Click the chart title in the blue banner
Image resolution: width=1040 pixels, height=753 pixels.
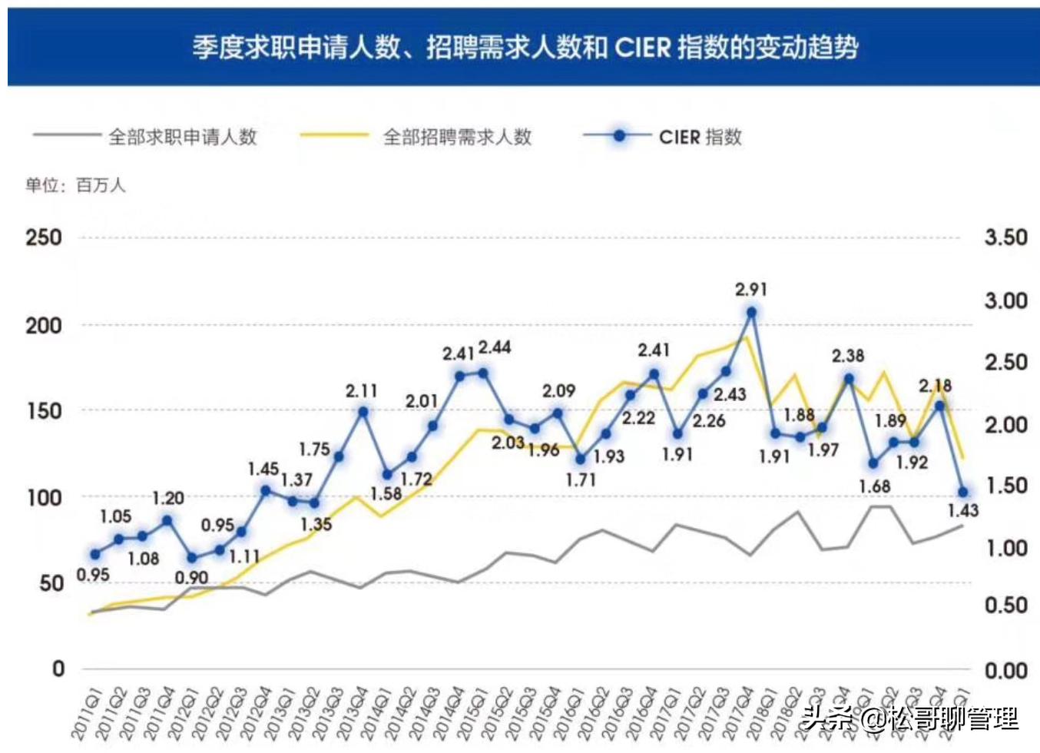pyautogui.click(x=525, y=48)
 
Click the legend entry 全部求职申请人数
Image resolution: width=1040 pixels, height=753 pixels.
pyautogui.click(x=182, y=137)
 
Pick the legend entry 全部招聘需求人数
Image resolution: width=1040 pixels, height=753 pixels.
pyautogui.click(x=457, y=137)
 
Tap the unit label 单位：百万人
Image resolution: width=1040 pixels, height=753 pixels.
pyautogui.click(x=75, y=185)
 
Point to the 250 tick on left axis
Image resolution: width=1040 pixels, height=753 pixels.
pyautogui.click(x=44, y=237)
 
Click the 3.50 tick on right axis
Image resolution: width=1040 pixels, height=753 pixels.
pyautogui.click(x=1005, y=237)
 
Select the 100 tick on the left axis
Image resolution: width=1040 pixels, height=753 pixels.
pyautogui.click(x=44, y=498)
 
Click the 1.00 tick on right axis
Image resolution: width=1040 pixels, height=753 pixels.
pyautogui.click(x=1005, y=548)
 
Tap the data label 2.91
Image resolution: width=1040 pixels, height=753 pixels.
pyautogui.click(x=750, y=290)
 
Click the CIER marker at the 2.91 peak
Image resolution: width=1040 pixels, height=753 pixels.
pyautogui.click(x=751, y=312)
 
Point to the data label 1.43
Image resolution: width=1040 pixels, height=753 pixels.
pyautogui.click(x=962, y=511)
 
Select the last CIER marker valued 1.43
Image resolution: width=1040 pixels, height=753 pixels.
pyautogui.click(x=963, y=492)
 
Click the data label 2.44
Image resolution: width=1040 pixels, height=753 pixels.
pyautogui.click(x=495, y=347)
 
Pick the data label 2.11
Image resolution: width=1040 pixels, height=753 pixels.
pyautogui.click(x=361, y=391)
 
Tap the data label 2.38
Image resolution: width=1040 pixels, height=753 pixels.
pyautogui.click(x=848, y=356)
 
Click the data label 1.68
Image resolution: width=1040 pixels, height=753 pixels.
pyautogui.click(x=874, y=486)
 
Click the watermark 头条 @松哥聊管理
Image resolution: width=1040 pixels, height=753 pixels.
pyautogui.click(x=909, y=718)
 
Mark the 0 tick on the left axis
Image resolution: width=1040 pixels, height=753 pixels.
pyautogui.click(x=58, y=669)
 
